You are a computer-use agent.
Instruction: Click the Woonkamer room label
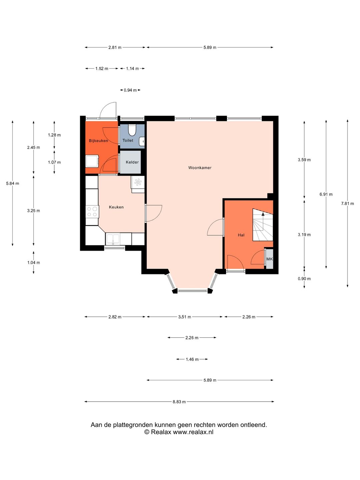[200, 168]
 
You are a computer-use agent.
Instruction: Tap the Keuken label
[116, 207]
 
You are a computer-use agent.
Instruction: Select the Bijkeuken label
[98, 141]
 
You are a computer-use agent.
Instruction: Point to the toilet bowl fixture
[132, 130]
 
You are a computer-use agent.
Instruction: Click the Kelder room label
[132, 162]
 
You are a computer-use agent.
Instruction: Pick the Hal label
[241, 235]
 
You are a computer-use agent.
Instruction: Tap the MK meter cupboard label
[270, 259]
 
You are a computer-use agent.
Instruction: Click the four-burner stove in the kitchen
[92, 212]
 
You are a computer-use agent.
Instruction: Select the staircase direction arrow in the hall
[263, 221]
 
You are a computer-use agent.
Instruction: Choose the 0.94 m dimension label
[130, 90]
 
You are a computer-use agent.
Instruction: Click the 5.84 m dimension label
[12, 183]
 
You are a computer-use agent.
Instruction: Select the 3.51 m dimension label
[184, 317]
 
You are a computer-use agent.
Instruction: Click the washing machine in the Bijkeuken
[92, 161]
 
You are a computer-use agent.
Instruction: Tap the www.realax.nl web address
[193, 432]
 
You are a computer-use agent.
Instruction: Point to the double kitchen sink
[113, 239]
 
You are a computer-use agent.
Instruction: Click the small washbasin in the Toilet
[142, 141]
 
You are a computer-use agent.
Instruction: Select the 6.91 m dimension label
[326, 194]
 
